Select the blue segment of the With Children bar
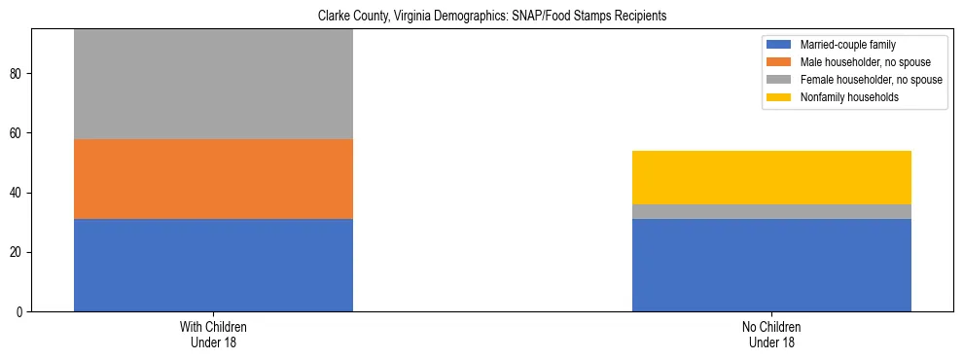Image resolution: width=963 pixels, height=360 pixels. pyautogui.click(x=213, y=265)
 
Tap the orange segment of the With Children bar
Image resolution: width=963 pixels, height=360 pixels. pyautogui.click(x=213, y=179)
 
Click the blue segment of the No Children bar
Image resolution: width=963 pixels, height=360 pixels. pyautogui.click(x=771, y=265)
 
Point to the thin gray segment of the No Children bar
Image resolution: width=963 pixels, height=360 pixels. pyautogui.click(x=771, y=211)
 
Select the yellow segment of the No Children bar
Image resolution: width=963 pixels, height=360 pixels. pyautogui.click(x=771, y=177)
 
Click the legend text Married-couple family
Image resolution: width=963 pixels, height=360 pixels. pyautogui.click(x=848, y=45)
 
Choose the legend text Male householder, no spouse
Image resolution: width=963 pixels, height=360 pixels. pyautogui.click(x=863, y=62)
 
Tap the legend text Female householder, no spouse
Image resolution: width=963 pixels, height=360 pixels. pyautogui.click(x=871, y=80)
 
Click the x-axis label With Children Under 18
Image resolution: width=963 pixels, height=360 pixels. pyautogui.click(x=213, y=335)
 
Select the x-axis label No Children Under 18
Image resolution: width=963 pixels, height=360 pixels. pyautogui.click(x=771, y=335)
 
